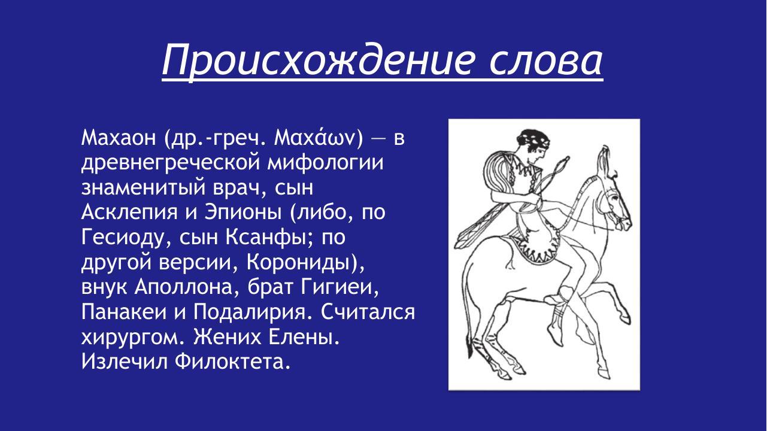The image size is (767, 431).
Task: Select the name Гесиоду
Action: pos(125,239)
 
